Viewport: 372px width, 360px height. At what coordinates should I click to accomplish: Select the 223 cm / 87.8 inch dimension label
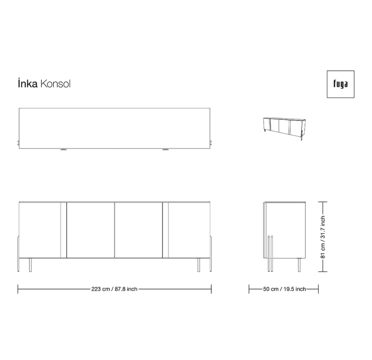114,289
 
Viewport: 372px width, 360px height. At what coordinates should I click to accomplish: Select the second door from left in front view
91,229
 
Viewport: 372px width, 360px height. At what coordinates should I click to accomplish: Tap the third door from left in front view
138,229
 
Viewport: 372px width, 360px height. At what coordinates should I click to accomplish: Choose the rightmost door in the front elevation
188,229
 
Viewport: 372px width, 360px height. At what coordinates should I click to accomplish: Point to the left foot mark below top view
64,150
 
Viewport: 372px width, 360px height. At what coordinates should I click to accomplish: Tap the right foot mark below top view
166,150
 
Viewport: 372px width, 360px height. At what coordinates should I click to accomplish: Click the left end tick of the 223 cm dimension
18,289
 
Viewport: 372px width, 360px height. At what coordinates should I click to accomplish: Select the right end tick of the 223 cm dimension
211,289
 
